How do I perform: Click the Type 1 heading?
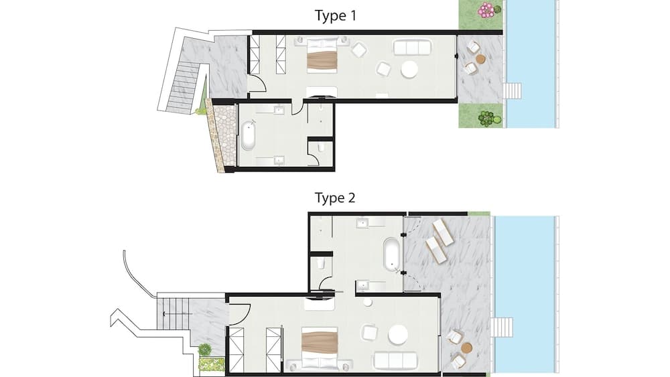tap(336, 15)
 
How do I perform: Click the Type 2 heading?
tap(336, 198)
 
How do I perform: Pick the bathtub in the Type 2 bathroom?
tap(390, 254)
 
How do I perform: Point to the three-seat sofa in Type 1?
tap(412, 48)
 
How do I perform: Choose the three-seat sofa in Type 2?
tap(393, 360)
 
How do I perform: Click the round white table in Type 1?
tap(409, 70)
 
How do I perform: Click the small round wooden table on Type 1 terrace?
tap(480, 59)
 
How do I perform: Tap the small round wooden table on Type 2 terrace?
tap(466, 348)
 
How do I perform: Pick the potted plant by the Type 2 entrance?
tap(205, 350)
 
